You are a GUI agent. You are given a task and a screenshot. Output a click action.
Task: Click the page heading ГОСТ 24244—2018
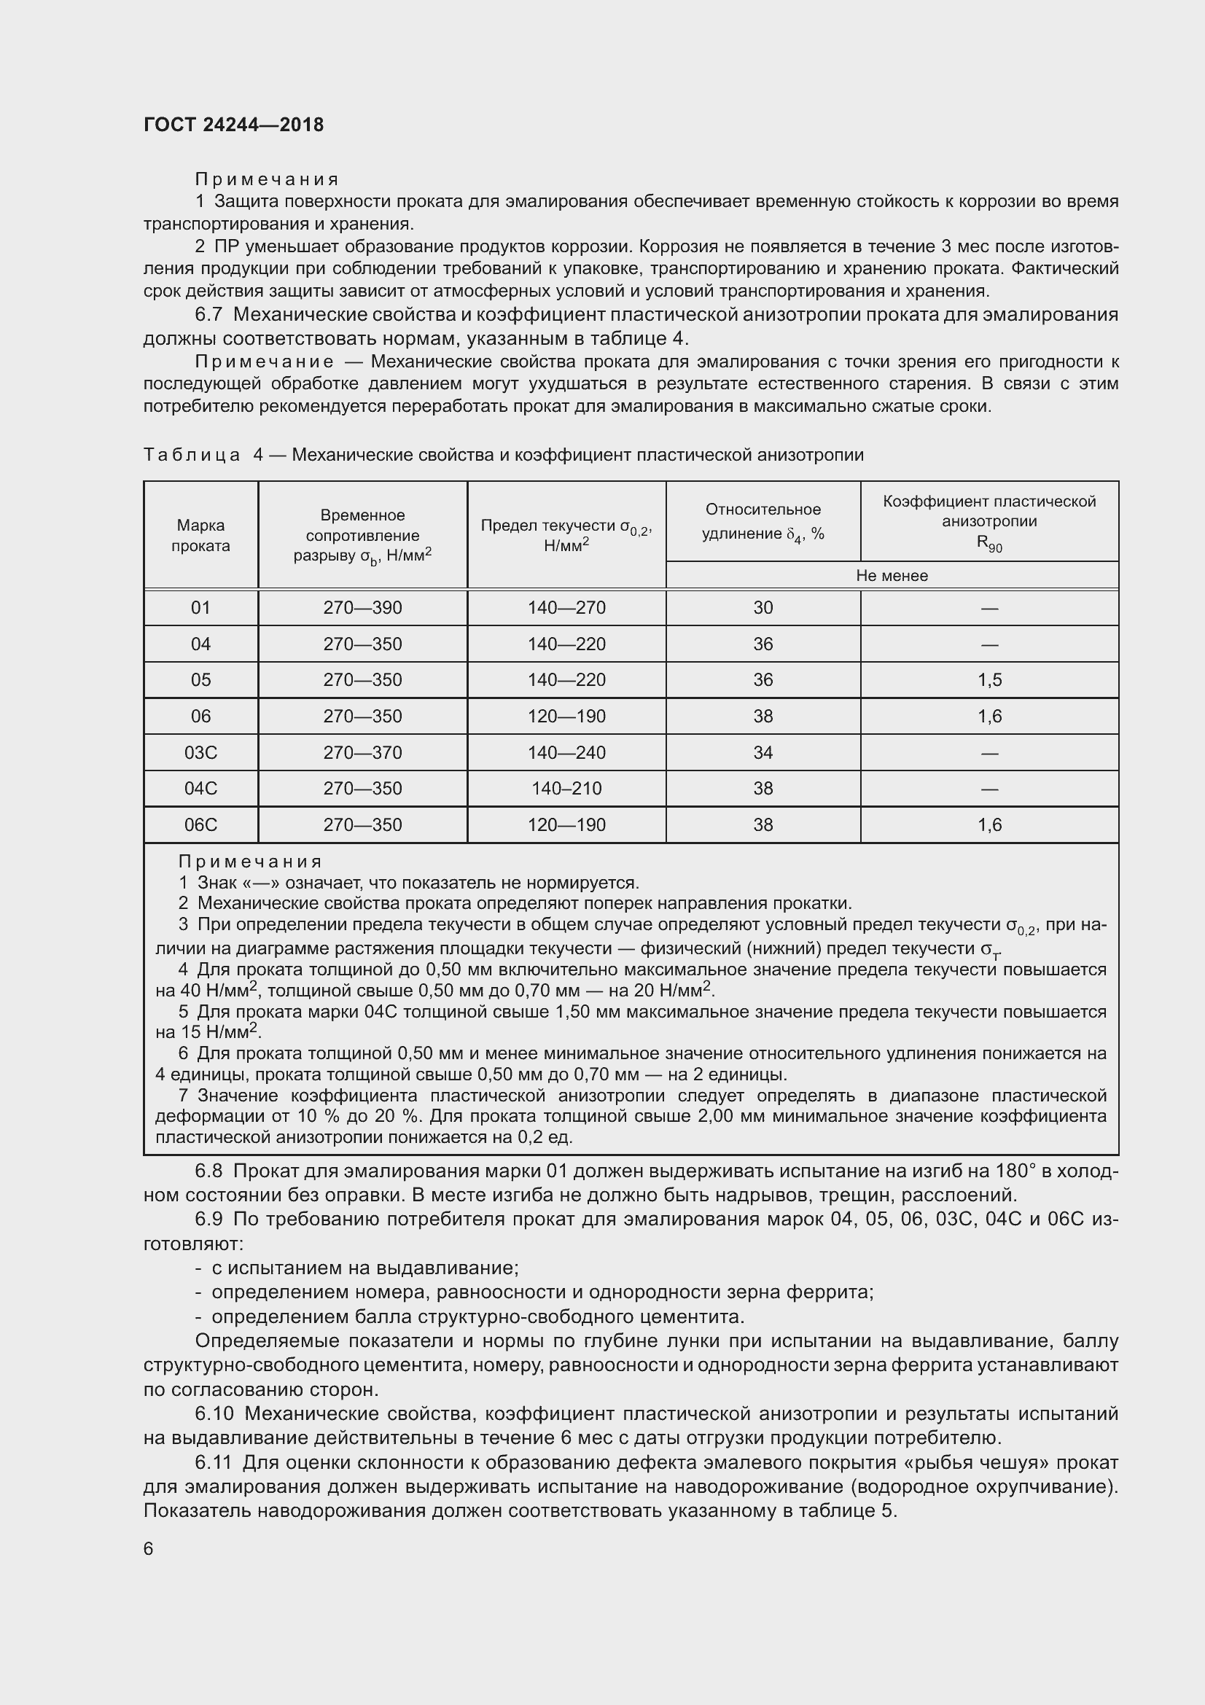click(233, 125)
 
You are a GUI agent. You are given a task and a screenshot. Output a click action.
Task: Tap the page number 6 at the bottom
click(149, 1548)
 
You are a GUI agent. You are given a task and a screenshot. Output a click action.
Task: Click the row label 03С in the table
click(200, 752)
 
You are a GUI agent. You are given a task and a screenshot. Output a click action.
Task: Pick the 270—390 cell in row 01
click(362, 607)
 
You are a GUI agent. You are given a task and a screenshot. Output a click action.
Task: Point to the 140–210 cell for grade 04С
click(566, 788)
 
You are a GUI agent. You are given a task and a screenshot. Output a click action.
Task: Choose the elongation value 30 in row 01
click(763, 607)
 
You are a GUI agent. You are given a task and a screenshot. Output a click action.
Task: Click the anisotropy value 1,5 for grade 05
click(989, 679)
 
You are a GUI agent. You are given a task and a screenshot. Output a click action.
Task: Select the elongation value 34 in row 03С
click(763, 752)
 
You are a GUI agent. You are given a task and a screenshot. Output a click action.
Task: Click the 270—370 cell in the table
click(362, 752)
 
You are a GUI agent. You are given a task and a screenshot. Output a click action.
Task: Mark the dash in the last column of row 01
click(989, 608)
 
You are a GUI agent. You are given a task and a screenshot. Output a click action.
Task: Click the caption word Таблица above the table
click(192, 454)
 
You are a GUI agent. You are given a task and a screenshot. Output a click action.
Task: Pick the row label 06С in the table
click(200, 824)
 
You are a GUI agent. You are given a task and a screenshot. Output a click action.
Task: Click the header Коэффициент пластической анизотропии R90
click(989, 522)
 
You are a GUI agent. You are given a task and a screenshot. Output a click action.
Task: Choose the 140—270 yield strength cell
click(566, 607)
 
